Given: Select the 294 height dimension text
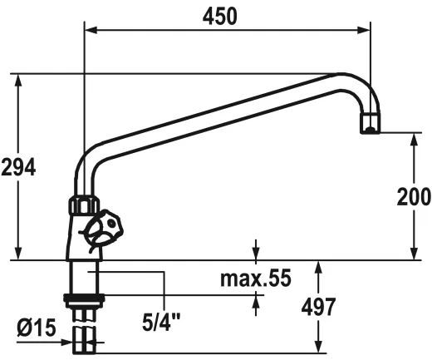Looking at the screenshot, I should point(18,166).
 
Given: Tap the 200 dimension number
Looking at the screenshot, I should point(414,196).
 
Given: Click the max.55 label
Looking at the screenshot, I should point(256,279).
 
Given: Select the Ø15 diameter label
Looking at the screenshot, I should point(36,328).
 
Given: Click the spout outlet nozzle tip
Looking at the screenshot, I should point(370,126).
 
